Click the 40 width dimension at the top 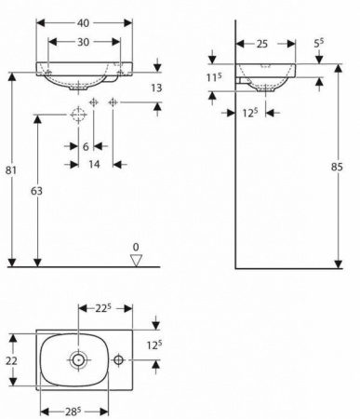[x=83, y=23]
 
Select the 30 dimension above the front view [x=83, y=42]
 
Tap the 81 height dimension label [x=11, y=170]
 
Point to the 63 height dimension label [x=36, y=191]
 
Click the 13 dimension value [x=156, y=88]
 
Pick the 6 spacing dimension [x=86, y=146]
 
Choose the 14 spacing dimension [x=94, y=164]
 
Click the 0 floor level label [x=136, y=248]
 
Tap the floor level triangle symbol [x=136, y=261]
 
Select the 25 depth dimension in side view [x=262, y=44]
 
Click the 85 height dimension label [x=337, y=167]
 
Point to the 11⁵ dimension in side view [x=214, y=77]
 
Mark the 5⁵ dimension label [x=319, y=43]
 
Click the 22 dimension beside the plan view [x=11, y=360]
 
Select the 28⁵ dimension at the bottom [x=73, y=412]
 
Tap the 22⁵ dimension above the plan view [x=103, y=308]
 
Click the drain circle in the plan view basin [x=78, y=360]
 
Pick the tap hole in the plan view [x=118, y=360]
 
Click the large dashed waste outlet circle [x=78, y=115]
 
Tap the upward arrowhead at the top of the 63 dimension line [x=37, y=119]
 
